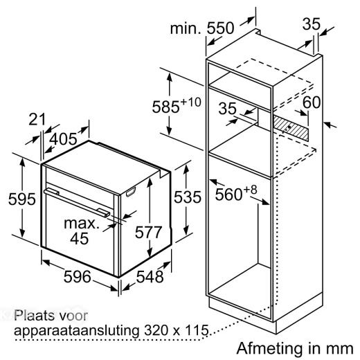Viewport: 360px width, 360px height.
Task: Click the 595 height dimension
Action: pyautogui.click(x=22, y=199)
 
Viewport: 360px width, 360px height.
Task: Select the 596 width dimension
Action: pyautogui.click(x=78, y=277)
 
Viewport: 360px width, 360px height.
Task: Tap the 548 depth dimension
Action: pyautogui.click(x=150, y=277)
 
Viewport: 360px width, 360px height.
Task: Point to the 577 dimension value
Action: pyautogui.click(x=149, y=233)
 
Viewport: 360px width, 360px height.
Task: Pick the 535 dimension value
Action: pyautogui.click(x=188, y=197)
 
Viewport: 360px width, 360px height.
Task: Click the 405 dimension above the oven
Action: pyautogui.click(x=63, y=139)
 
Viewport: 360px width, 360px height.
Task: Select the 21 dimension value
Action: pyautogui.click(x=37, y=119)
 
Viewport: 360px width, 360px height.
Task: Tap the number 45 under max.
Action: pyautogui.click(x=79, y=238)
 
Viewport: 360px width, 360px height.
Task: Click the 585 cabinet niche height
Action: pyautogui.click(x=165, y=107)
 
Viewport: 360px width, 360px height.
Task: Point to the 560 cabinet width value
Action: pyautogui.click(x=228, y=195)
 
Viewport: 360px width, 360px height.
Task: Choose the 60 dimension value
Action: pyautogui.click(x=312, y=102)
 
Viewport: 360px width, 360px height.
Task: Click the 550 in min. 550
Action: pyautogui.click(x=220, y=28)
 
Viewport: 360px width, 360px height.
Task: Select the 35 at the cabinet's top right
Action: pyautogui.click(x=312, y=24)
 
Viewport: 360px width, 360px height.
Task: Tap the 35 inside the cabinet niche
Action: pyautogui.click(x=228, y=108)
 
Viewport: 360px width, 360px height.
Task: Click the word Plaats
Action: pyautogui.click(x=33, y=316)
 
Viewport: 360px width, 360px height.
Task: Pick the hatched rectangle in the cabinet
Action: pyautogui.click(x=291, y=128)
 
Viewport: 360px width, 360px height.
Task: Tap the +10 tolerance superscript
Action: pyautogui.click(x=190, y=102)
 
